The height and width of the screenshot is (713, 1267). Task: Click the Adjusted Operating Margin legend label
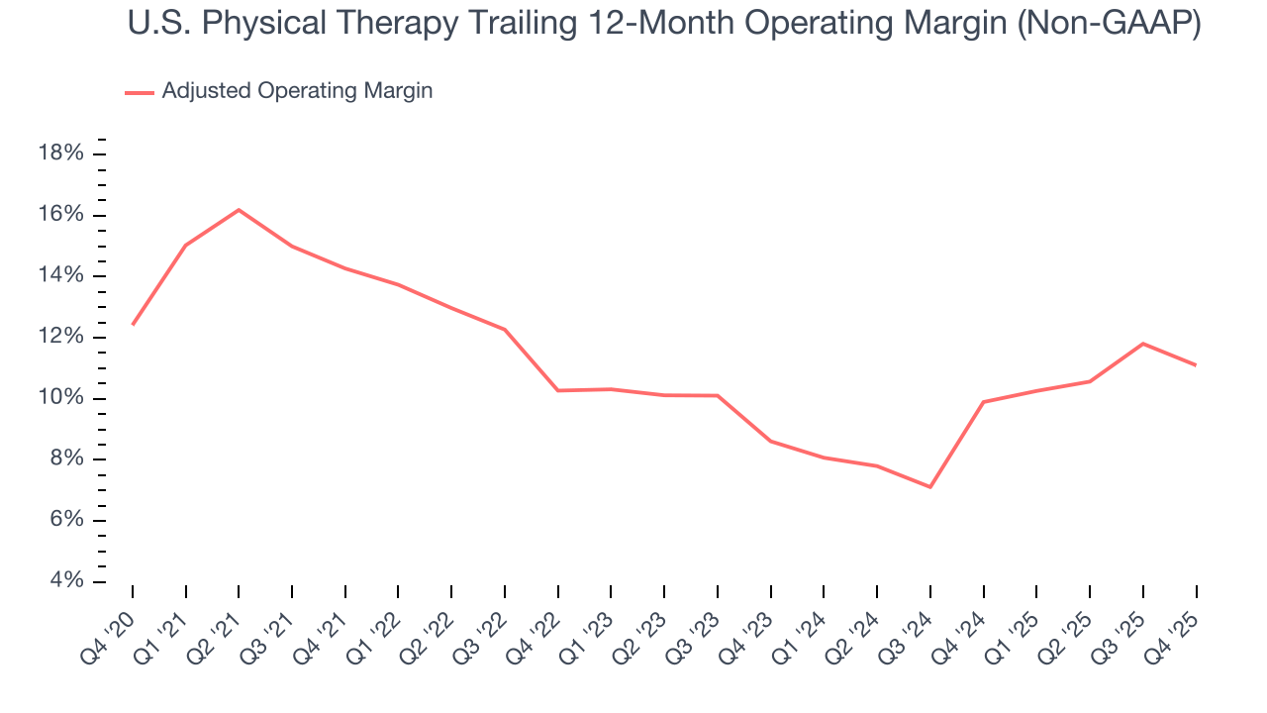(x=297, y=91)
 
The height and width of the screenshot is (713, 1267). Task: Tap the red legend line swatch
(x=140, y=92)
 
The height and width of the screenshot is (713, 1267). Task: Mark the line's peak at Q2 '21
(x=239, y=210)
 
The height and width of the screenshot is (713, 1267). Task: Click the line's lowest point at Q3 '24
(x=930, y=486)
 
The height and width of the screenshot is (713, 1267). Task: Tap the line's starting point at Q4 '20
(x=133, y=324)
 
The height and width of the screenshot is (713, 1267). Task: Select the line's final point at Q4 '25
(x=1196, y=365)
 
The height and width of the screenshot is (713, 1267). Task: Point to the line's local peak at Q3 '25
(x=1143, y=344)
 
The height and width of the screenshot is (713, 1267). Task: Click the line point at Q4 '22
(x=558, y=390)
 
